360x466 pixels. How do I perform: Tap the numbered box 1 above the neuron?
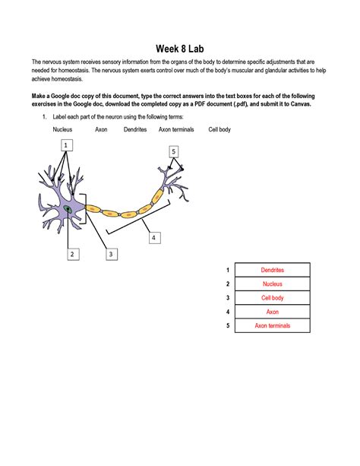[67, 144]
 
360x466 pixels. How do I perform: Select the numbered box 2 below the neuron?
[71, 254]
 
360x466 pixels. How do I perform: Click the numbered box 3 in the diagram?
[111, 254]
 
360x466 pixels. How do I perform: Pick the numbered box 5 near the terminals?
[174, 152]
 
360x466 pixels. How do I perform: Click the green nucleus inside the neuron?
[69, 207]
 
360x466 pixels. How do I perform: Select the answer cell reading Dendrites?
[272, 270]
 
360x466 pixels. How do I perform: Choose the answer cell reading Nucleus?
[272, 284]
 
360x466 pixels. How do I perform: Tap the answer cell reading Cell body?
[272, 298]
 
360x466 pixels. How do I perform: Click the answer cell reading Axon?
[272, 312]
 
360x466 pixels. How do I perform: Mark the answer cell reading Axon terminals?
[272, 326]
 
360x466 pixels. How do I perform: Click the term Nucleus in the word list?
[62, 130]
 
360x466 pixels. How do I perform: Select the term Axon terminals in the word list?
[176, 130]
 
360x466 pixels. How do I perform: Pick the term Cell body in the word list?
[219, 130]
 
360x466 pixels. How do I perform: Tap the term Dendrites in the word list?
[135, 130]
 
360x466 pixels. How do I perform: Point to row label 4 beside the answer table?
[227, 312]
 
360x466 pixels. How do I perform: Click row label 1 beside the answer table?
[227, 270]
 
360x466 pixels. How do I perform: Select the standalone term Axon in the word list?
[101, 130]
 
